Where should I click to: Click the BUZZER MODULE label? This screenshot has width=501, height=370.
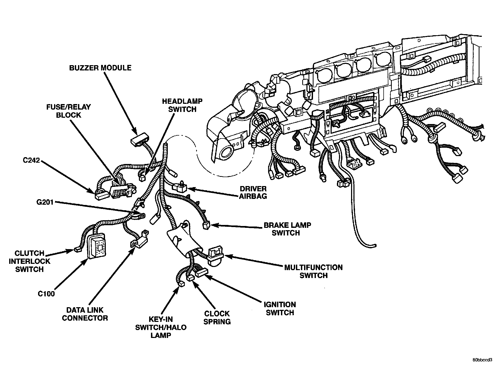click(x=100, y=68)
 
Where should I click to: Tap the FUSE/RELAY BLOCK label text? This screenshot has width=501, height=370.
click(x=68, y=111)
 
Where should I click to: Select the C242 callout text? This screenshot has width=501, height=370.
click(x=31, y=160)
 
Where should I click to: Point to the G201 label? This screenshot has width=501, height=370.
click(x=45, y=202)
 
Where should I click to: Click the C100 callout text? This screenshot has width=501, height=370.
click(x=46, y=294)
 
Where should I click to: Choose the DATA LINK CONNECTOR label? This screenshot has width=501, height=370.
click(x=85, y=314)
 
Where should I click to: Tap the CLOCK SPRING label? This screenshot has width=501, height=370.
click(x=217, y=317)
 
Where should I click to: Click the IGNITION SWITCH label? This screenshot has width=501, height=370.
click(x=280, y=309)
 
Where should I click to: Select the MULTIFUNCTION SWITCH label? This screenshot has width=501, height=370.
click(x=313, y=271)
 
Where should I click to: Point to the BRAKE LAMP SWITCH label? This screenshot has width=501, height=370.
click(x=287, y=229)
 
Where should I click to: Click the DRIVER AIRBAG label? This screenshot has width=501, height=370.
click(x=253, y=192)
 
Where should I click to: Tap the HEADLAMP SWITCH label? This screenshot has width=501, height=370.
click(x=182, y=105)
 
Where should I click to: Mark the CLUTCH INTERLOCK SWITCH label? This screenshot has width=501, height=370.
click(x=29, y=261)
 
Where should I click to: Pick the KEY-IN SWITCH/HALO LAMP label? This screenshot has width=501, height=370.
click(x=161, y=327)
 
